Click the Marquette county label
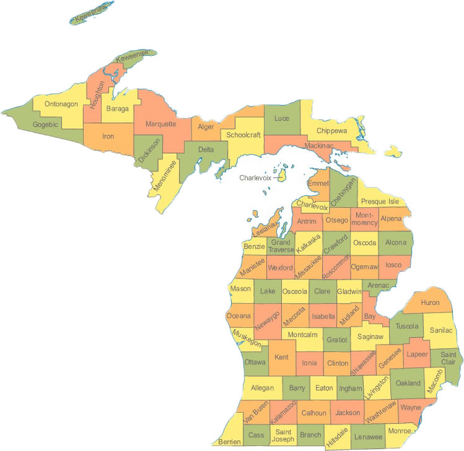pos(160,124)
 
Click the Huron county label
pos(429,303)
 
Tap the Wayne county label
pos(410,408)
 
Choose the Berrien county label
pos(228,442)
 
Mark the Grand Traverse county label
pos(280,246)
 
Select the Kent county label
pos(281,358)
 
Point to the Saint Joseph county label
pos(284,435)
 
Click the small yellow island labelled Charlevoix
pos(282,176)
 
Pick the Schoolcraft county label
pos(243,135)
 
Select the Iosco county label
pos(393,265)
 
